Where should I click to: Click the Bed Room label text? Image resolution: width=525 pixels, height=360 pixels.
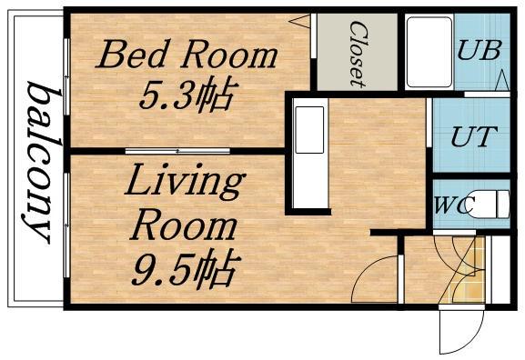(x=187, y=55)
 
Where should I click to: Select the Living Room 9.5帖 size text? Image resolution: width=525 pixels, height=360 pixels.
(x=186, y=270)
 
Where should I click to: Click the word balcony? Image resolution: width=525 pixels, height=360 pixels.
(x=39, y=163)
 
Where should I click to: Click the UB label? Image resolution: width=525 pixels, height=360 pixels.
(x=480, y=50)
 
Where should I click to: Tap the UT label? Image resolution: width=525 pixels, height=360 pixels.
(x=474, y=136)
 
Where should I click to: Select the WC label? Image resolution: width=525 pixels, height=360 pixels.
(x=455, y=205)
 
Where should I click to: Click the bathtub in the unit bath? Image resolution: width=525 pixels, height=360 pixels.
(x=429, y=52)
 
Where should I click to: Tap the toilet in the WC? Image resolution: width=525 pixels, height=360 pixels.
(x=489, y=204)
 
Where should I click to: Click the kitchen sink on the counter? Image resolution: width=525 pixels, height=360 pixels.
(x=309, y=130)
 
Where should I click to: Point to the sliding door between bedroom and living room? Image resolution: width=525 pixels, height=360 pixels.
(x=177, y=151)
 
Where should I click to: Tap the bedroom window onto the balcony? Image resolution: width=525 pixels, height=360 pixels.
(x=66, y=77)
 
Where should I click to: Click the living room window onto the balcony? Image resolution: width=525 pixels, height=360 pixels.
(x=66, y=225)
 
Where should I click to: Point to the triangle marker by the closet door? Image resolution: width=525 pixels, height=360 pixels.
(x=300, y=21)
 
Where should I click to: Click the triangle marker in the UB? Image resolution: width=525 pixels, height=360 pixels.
(x=502, y=80)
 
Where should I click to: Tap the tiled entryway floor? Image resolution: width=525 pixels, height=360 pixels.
(x=468, y=269)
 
